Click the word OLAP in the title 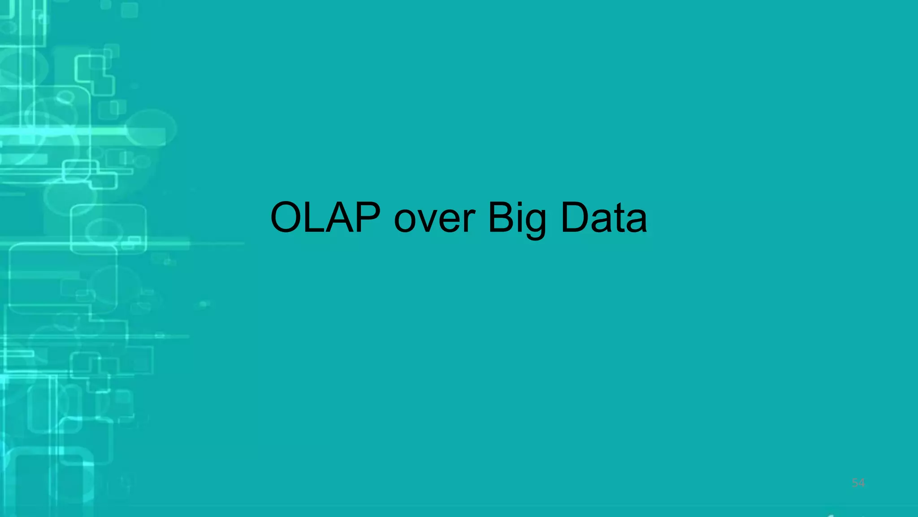point(325,218)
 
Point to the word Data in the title point(603,218)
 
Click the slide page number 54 point(858,483)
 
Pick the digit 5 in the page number point(855,483)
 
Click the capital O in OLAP point(287,218)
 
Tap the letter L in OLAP point(317,218)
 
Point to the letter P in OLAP point(367,218)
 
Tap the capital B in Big point(500,218)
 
